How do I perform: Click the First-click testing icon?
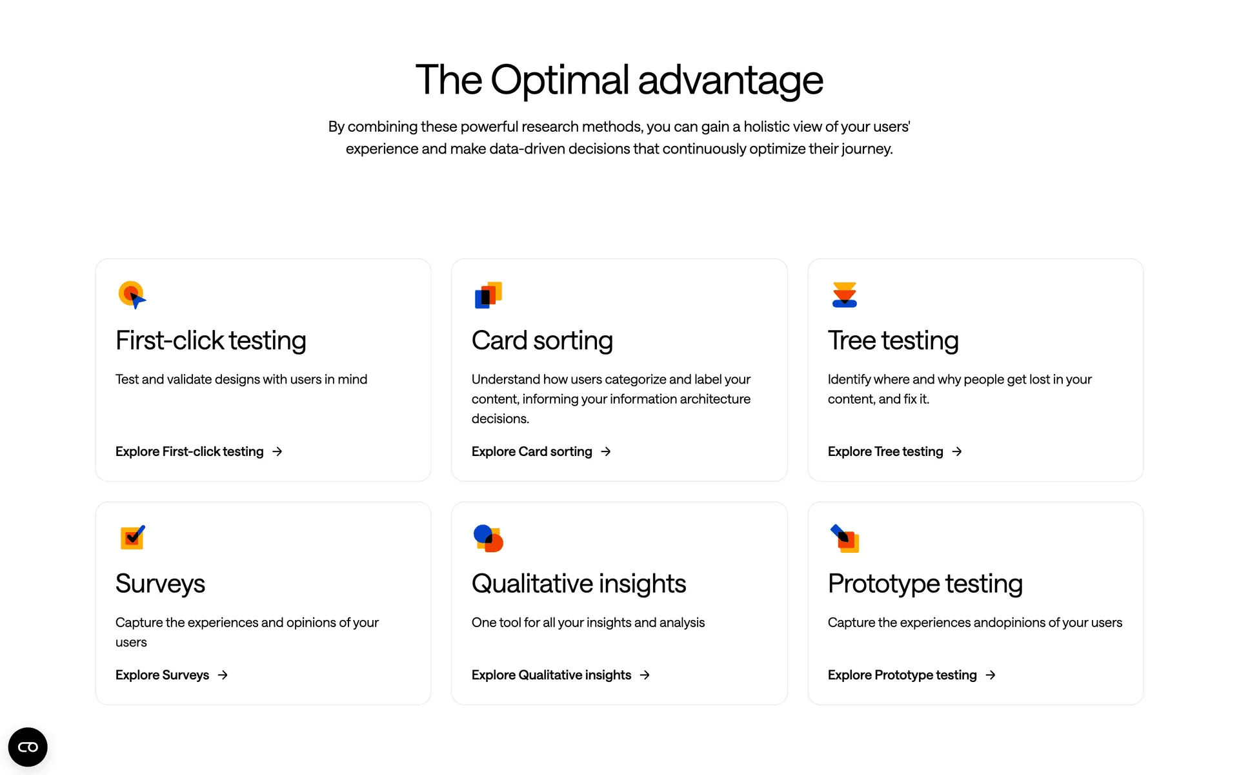coord(132,295)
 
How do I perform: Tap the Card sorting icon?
coord(489,295)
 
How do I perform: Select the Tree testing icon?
coord(845,294)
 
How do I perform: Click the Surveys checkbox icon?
coord(133,537)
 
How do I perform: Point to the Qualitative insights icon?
coord(489,539)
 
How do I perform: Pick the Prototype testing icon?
coord(845,539)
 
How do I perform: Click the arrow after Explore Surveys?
coord(223,675)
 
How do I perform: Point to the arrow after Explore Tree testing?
coord(957,451)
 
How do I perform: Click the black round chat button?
coord(28,747)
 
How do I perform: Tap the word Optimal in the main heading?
coord(559,81)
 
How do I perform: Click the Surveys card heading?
coord(160,584)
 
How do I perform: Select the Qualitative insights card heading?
coord(579,584)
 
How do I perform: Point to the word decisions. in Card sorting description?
coord(500,418)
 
